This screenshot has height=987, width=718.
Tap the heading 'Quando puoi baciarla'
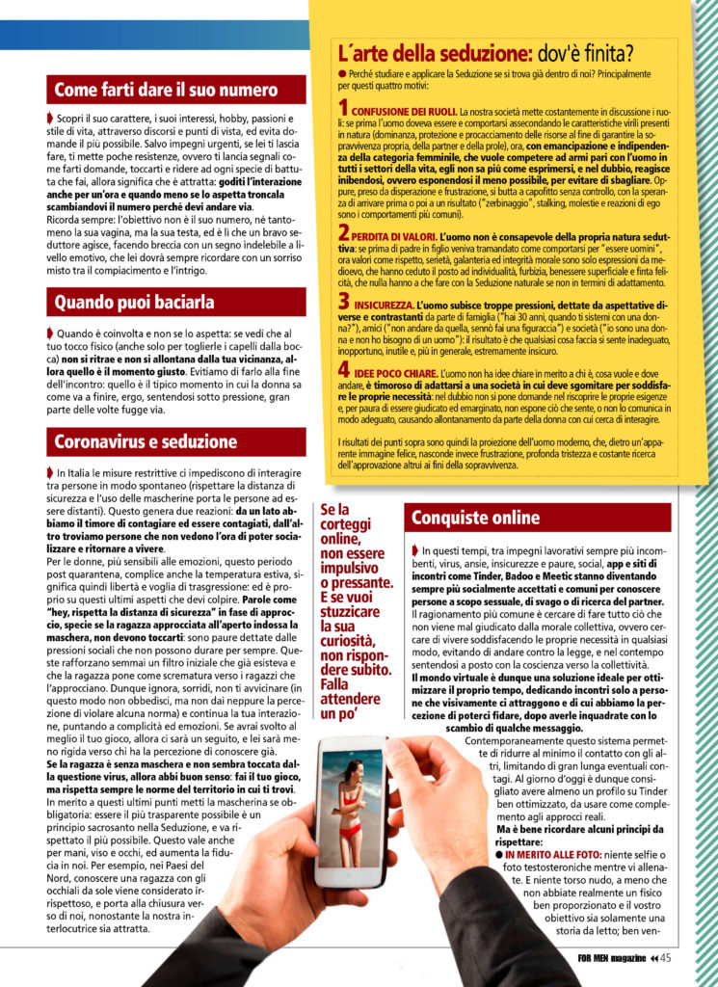[135, 303]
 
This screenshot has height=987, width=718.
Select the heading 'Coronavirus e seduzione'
[146, 442]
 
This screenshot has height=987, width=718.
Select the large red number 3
[344, 304]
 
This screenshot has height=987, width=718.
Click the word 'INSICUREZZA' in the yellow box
[386, 306]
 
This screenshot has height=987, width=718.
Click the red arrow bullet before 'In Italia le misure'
[50, 472]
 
